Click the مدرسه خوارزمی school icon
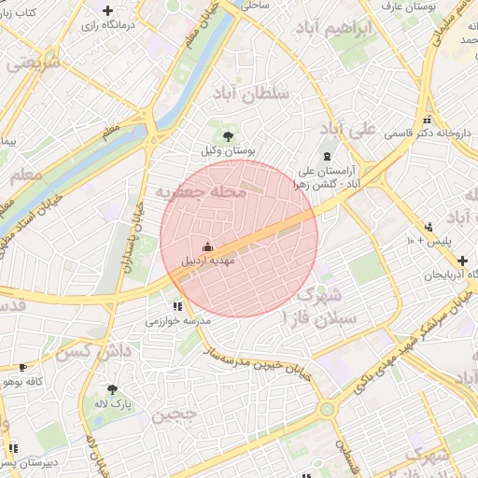click(177, 305)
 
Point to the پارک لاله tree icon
click(113, 390)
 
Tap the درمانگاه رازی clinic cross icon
click(107, 10)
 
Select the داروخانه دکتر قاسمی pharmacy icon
click(428, 119)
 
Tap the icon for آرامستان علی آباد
click(326, 157)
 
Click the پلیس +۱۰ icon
click(429, 227)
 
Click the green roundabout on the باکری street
click(326, 409)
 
